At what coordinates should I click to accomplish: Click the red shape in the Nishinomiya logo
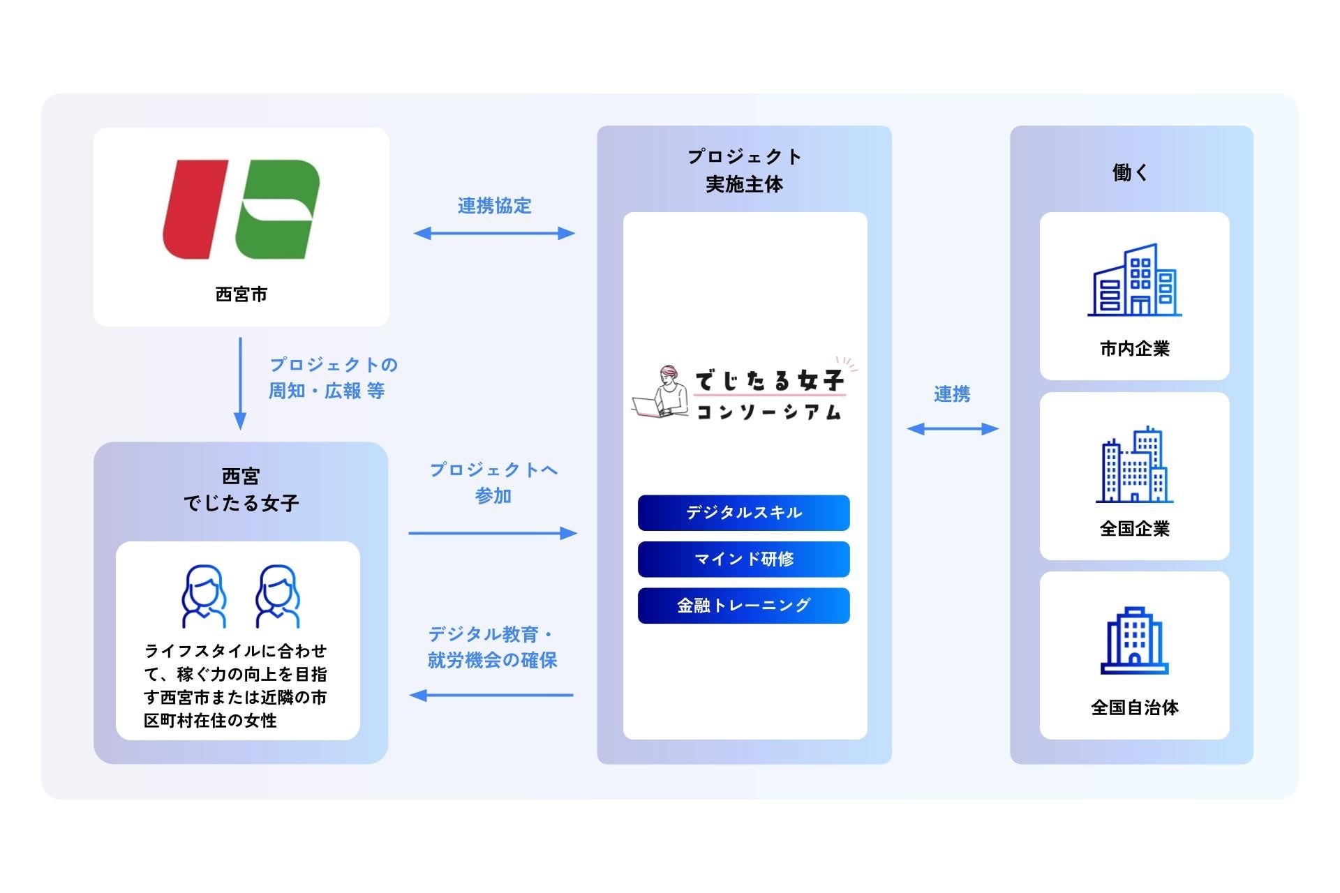(x=195, y=209)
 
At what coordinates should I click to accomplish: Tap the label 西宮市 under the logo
(x=241, y=294)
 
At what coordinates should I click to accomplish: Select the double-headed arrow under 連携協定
(x=494, y=233)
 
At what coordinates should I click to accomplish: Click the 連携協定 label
(x=494, y=206)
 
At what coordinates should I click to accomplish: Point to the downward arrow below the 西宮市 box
(x=240, y=384)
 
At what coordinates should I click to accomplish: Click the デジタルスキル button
(x=743, y=513)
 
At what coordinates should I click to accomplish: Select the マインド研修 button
(x=743, y=559)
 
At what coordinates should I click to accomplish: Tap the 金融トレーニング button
(x=743, y=605)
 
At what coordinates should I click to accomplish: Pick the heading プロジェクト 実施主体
(x=744, y=170)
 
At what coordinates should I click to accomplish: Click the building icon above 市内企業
(x=1134, y=280)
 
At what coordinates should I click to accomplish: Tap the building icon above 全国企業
(x=1134, y=465)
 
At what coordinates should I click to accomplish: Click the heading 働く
(x=1131, y=172)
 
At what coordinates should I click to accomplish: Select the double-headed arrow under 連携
(x=953, y=428)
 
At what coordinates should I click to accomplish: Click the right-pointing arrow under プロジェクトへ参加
(x=493, y=533)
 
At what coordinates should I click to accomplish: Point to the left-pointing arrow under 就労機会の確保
(x=491, y=695)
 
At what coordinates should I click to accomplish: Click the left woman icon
(x=204, y=596)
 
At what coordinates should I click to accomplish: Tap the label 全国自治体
(x=1134, y=707)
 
